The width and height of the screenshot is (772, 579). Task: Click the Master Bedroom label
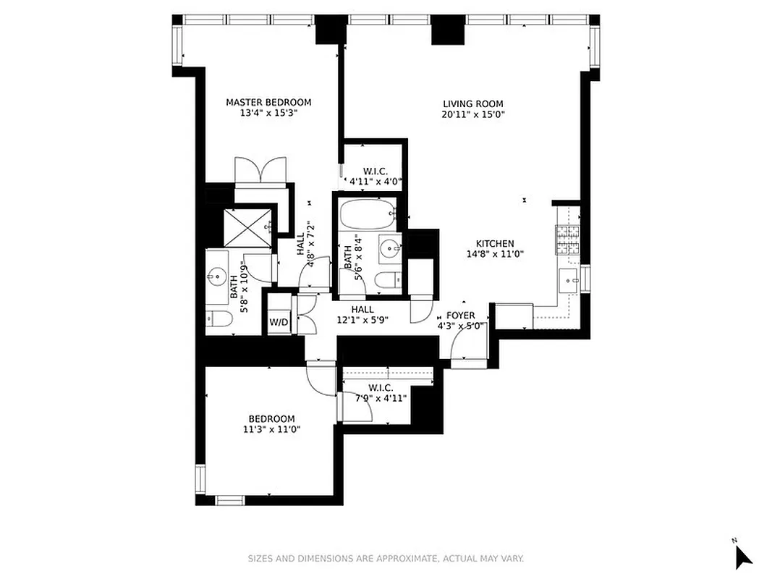268,102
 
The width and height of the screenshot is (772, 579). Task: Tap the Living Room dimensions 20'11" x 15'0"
472,114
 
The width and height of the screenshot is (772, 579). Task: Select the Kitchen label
495,244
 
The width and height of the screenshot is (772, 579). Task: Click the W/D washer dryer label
279,321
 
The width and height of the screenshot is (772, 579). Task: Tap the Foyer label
460,316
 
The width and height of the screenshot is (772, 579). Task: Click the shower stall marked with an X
248,227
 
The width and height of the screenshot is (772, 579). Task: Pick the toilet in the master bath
219,319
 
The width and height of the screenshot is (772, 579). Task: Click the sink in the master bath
216,276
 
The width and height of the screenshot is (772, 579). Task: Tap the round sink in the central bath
390,249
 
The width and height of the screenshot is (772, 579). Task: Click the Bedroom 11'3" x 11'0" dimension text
271,429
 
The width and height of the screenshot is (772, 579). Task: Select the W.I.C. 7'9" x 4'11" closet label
380,393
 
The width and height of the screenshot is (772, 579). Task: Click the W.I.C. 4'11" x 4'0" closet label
376,177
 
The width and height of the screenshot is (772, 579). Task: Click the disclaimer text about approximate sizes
386,559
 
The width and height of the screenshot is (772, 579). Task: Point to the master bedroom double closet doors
261,172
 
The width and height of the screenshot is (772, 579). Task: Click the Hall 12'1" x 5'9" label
362,314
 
